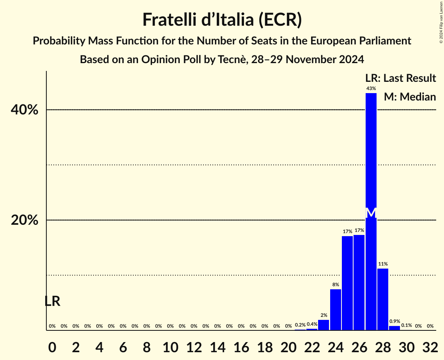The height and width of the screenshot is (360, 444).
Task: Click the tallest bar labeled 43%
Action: [x=371, y=156]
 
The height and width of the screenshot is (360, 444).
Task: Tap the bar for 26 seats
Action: [x=359, y=282]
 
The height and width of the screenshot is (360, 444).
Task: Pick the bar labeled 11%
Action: [x=382, y=299]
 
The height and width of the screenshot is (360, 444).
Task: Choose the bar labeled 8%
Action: [x=335, y=310]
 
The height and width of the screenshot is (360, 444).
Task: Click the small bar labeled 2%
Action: [x=324, y=325]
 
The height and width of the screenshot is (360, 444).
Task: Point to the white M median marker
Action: [x=371, y=213]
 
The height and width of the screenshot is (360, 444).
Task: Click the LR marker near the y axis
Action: [x=52, y=301]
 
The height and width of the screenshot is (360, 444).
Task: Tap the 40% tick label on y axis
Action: [x=25, y=110]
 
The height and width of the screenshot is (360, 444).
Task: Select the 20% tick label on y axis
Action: [x=25, y=220]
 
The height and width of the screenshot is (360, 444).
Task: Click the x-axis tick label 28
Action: [x=382, y=345]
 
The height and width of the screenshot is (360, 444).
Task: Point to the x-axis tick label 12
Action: [x=194, y=345]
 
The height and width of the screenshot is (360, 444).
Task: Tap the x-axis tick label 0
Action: [x=52, y=345]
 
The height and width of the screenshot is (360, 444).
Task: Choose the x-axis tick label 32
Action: [x=430, y=345]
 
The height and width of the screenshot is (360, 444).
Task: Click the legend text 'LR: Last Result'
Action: [x=400, y=78]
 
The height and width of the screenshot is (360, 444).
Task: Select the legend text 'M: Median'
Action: [x=410, y=97]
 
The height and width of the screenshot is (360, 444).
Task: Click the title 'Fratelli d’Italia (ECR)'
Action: [x=222, y=20]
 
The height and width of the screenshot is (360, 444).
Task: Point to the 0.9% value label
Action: [x=394, y=321]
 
